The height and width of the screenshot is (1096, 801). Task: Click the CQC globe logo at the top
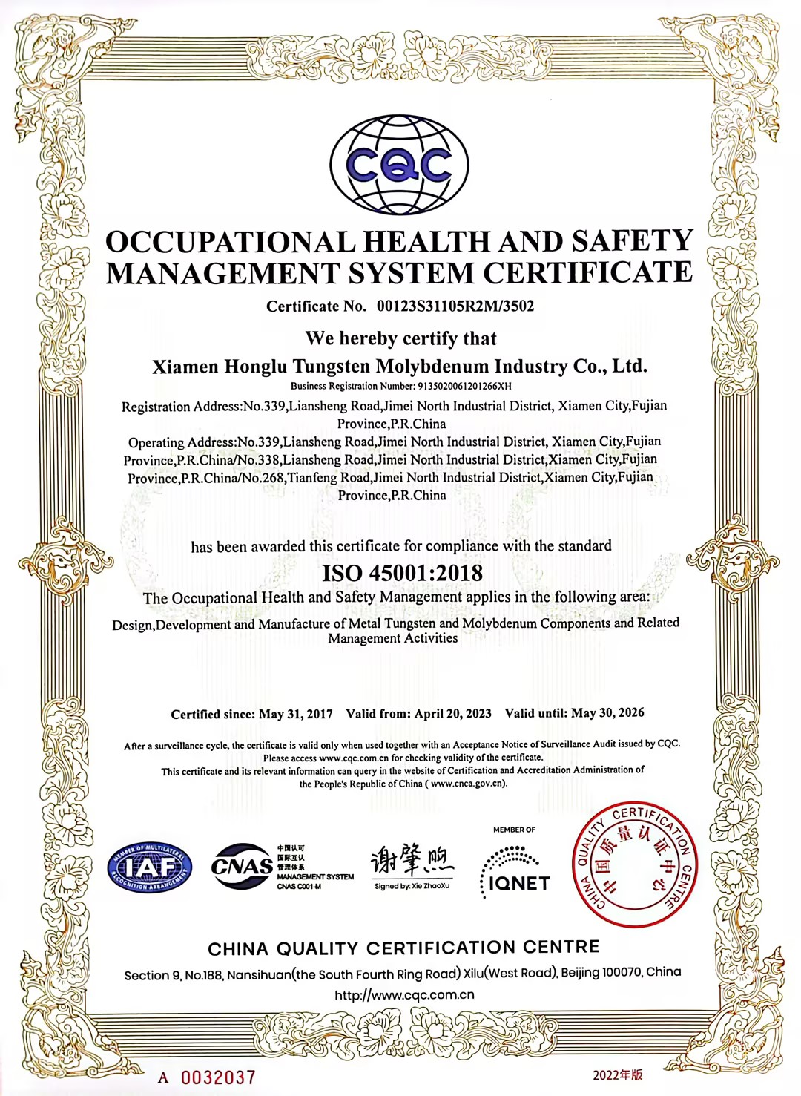tap(399, 165)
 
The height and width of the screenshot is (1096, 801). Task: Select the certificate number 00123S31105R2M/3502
tap(455, 306)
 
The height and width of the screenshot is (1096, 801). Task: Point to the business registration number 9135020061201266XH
tap(465, 386)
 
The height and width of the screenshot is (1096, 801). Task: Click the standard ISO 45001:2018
tap(402, 573)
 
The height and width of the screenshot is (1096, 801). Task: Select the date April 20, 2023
tap(452, 713)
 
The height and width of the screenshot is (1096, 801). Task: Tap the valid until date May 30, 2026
tap(607, 712)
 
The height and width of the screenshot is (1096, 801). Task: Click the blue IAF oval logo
tap(150, 867)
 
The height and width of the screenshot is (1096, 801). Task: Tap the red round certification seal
tap(634, 864)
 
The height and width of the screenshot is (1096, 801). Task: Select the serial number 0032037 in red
tap(218, 1077)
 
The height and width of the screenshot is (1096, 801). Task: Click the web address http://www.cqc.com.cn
tap(404, 995)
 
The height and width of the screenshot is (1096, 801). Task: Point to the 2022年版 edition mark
tap(617, 1074)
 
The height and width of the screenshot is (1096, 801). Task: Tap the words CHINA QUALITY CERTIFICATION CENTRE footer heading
tap(403, 948)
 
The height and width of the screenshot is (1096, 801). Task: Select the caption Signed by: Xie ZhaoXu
tap(412, 886)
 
